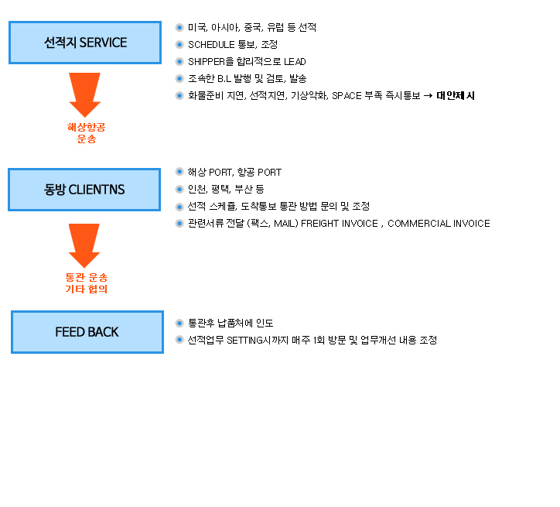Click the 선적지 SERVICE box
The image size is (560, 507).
[85, 43]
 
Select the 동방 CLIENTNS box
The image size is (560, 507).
[84, 190]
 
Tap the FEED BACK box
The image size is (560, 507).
[87, 332]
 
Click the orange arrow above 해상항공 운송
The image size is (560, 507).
[84, 95]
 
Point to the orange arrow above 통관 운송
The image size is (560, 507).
[84, 246]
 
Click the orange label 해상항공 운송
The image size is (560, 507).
[87, 133]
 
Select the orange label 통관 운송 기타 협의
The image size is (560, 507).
[87, 283]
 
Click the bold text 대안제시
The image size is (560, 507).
[456, 96]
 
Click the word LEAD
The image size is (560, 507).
[295, 62]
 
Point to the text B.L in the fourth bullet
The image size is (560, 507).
[224, 79]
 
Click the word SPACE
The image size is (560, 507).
[347, 96]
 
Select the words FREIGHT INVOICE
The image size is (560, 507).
[340, 224]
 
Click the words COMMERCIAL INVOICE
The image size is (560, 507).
[439, 224]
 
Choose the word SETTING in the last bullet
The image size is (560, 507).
[245, 340]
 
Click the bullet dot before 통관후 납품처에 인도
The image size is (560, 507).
[179, 324]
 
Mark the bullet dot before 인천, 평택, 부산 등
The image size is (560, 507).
[179, 189]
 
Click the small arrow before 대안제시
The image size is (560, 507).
[428, 96]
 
